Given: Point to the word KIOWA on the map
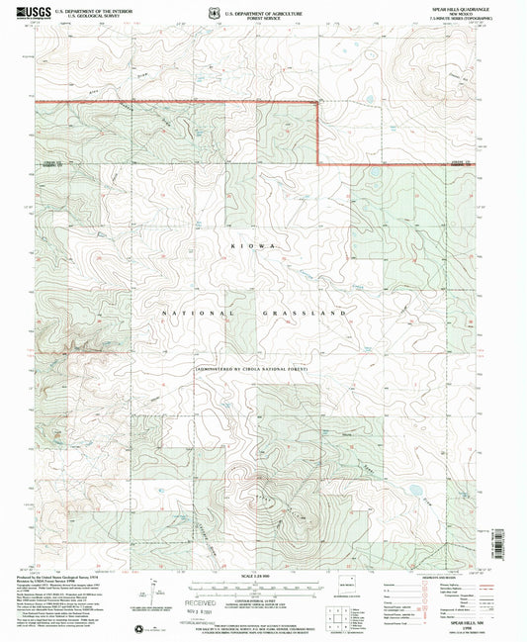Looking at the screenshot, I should (x=256, y=242).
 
